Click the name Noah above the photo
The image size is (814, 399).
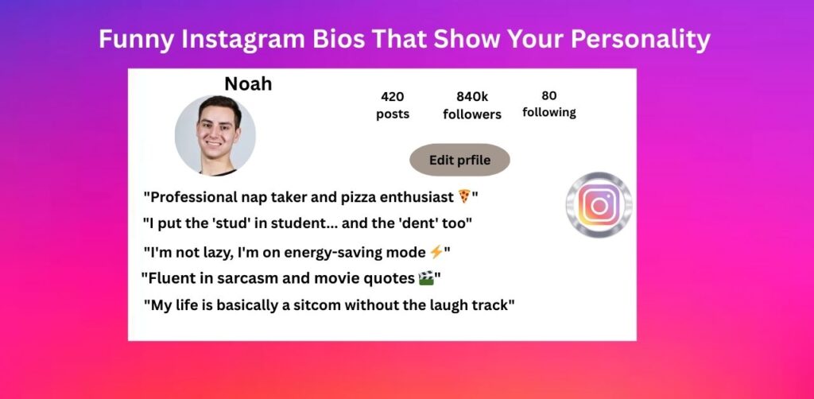tap(248, 83)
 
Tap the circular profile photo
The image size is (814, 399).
tap(215, 135)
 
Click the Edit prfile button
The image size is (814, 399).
tap(459, 161)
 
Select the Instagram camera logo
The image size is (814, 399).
tap(599, 205)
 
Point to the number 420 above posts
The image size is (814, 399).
tap(393, 97)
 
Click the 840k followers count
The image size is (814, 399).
tap(472, 97)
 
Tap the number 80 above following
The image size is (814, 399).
tap(548, 95)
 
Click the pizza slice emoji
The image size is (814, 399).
tap(464, 196)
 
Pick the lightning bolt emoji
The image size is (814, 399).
tap(436, 252)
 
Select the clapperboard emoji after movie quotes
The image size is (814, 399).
tap(426, 279)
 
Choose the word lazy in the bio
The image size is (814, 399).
tap(215, 254)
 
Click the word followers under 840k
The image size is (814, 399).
tap(472, 114)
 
